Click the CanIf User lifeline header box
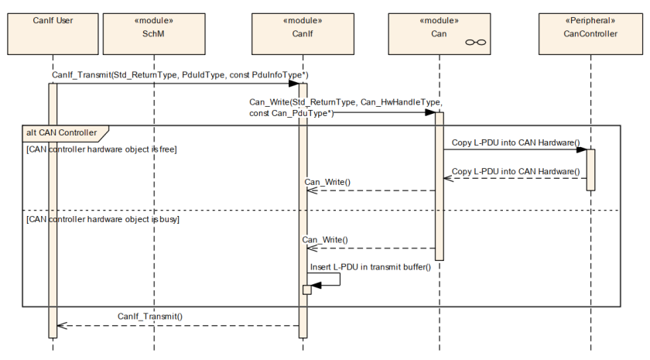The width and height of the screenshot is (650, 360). (x=53, y=33)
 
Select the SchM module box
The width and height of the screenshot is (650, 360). (x=154, y=33)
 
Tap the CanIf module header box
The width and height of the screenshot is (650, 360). (x=303, y=33)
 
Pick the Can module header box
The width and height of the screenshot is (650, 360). (x=440, y=33)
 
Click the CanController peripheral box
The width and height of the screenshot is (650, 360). (x=590, y=33)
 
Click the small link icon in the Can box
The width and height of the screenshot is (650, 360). (x=475, y=43)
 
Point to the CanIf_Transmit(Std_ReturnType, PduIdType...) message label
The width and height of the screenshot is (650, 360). (x=180, y=75)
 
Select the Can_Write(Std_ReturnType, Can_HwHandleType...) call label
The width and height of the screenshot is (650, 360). (x=346, y=108)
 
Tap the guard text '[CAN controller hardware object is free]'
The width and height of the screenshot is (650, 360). (x=101, y=149)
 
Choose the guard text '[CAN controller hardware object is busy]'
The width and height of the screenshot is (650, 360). (x=103, y=219)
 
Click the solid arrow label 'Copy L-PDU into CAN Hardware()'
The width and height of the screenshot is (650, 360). (x=515, y=142)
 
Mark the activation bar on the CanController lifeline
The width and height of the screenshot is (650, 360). (x=590, y=170)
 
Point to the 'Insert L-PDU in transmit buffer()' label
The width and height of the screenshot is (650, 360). (x=371, y=267)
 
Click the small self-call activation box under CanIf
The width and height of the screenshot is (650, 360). (x=306, y=290)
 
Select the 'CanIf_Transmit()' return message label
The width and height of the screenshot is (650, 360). (x=150, y=317)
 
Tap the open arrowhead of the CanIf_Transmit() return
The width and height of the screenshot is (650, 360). (x=62, y=326)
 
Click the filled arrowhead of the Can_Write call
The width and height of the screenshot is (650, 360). (x=430, y=112)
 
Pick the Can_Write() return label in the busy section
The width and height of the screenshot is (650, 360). (x=325, y=240)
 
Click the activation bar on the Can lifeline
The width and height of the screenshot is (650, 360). (x=440, y=187)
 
